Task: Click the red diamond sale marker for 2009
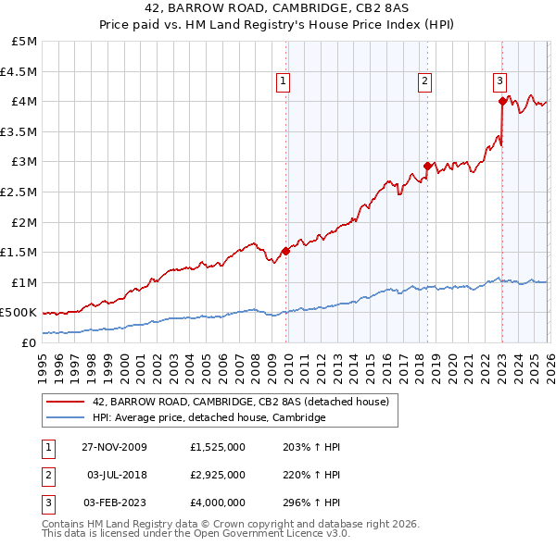285,250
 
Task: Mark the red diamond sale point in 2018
427,166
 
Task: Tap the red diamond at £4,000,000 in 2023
502,101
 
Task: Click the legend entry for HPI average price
208,417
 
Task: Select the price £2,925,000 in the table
216,475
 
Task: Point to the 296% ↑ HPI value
310,503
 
